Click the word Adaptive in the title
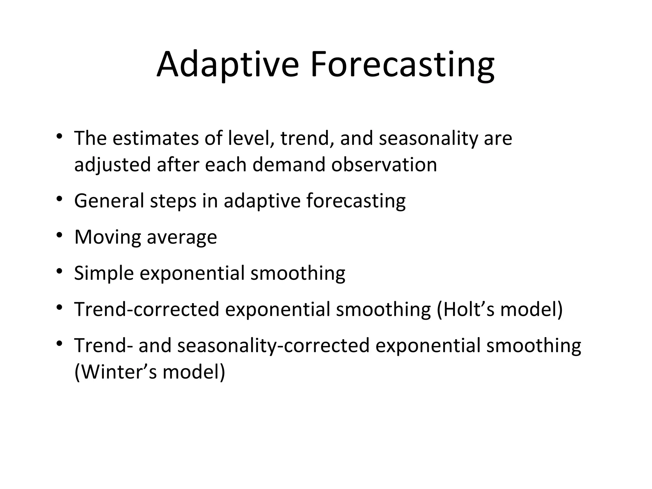227,65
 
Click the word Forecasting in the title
402,65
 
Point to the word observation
384,165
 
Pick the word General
109,201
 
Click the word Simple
104,273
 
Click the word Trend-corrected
147,309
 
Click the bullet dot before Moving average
59,236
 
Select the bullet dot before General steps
59,200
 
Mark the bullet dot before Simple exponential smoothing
59,272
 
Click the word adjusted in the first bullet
112,165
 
